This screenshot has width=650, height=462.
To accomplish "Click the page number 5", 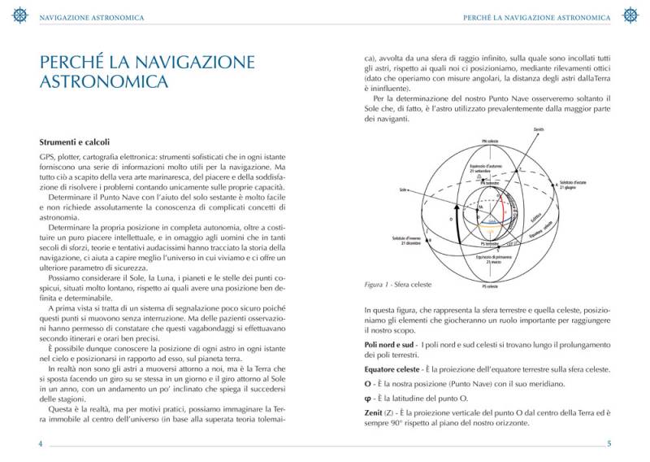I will [x=609, y=444].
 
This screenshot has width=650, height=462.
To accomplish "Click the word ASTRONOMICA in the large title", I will [x=103, y=82].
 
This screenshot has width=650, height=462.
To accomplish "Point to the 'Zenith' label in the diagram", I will [x=539, y=129].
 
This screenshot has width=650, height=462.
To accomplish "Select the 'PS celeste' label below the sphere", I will [x=490, y=286].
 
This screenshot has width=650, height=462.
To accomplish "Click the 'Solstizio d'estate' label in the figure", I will [x=575, y=184].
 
